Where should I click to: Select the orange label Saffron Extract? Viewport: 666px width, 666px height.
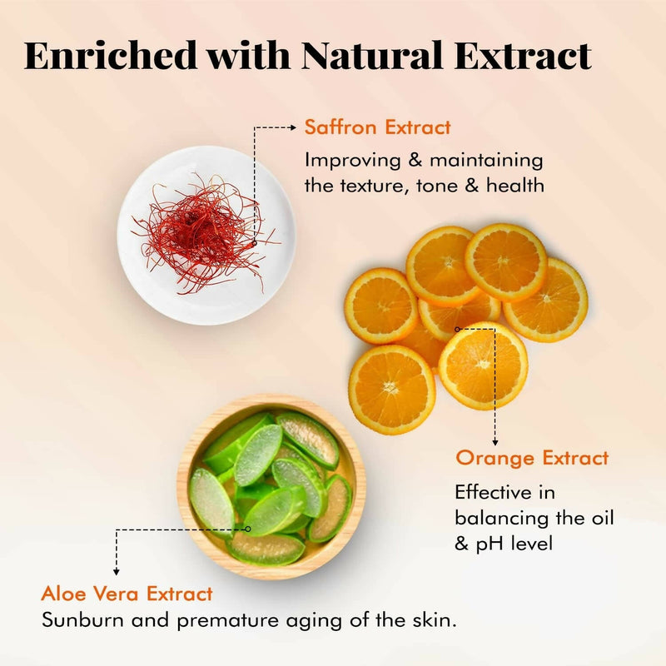point(377,127)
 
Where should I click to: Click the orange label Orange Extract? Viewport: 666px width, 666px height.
point(532,457)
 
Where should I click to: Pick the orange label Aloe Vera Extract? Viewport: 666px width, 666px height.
point(127,594)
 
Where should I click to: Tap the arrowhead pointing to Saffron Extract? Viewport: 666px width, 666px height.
point(291,127)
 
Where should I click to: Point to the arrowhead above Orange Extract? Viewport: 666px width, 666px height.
point(495,442)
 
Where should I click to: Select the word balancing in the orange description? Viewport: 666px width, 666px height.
point(497,518)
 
